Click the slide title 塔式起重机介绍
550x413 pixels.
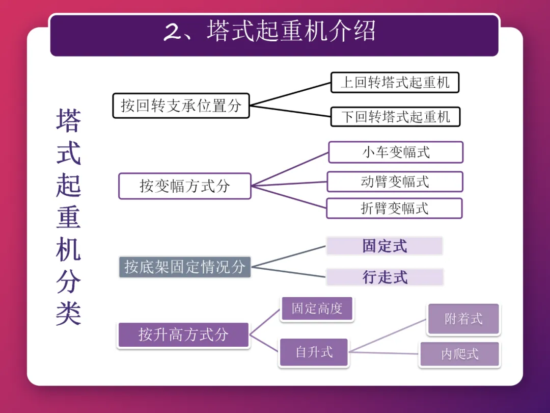click(291, 32)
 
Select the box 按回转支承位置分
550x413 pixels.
click(181, 106)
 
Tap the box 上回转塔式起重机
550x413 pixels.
click(395, 83)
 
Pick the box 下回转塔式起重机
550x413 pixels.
click(395, 117)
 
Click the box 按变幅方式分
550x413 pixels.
click(184, 186)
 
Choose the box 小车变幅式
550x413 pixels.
click(396, 152)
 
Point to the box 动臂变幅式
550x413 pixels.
click(395, 182)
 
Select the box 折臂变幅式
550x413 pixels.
click(394, 208)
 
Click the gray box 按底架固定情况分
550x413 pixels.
click(185, 267)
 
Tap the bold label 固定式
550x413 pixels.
click(384, 246)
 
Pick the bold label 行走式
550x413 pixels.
click(385, 277)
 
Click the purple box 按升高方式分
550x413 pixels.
click(183, 335)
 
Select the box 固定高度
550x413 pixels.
click(317, 308)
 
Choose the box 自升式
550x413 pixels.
click(314, 352)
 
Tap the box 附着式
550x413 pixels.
click(463, 319)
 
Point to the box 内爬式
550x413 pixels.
click(460, 354)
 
